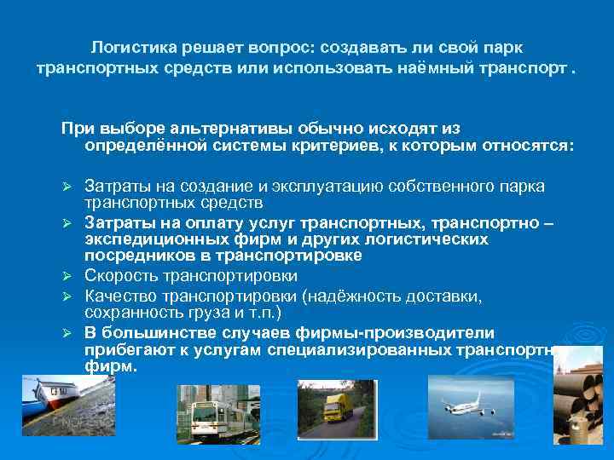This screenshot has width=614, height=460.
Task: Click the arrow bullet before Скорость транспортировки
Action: tap(74, 277)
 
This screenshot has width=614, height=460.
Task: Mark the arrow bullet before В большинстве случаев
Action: tap(74, 331)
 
